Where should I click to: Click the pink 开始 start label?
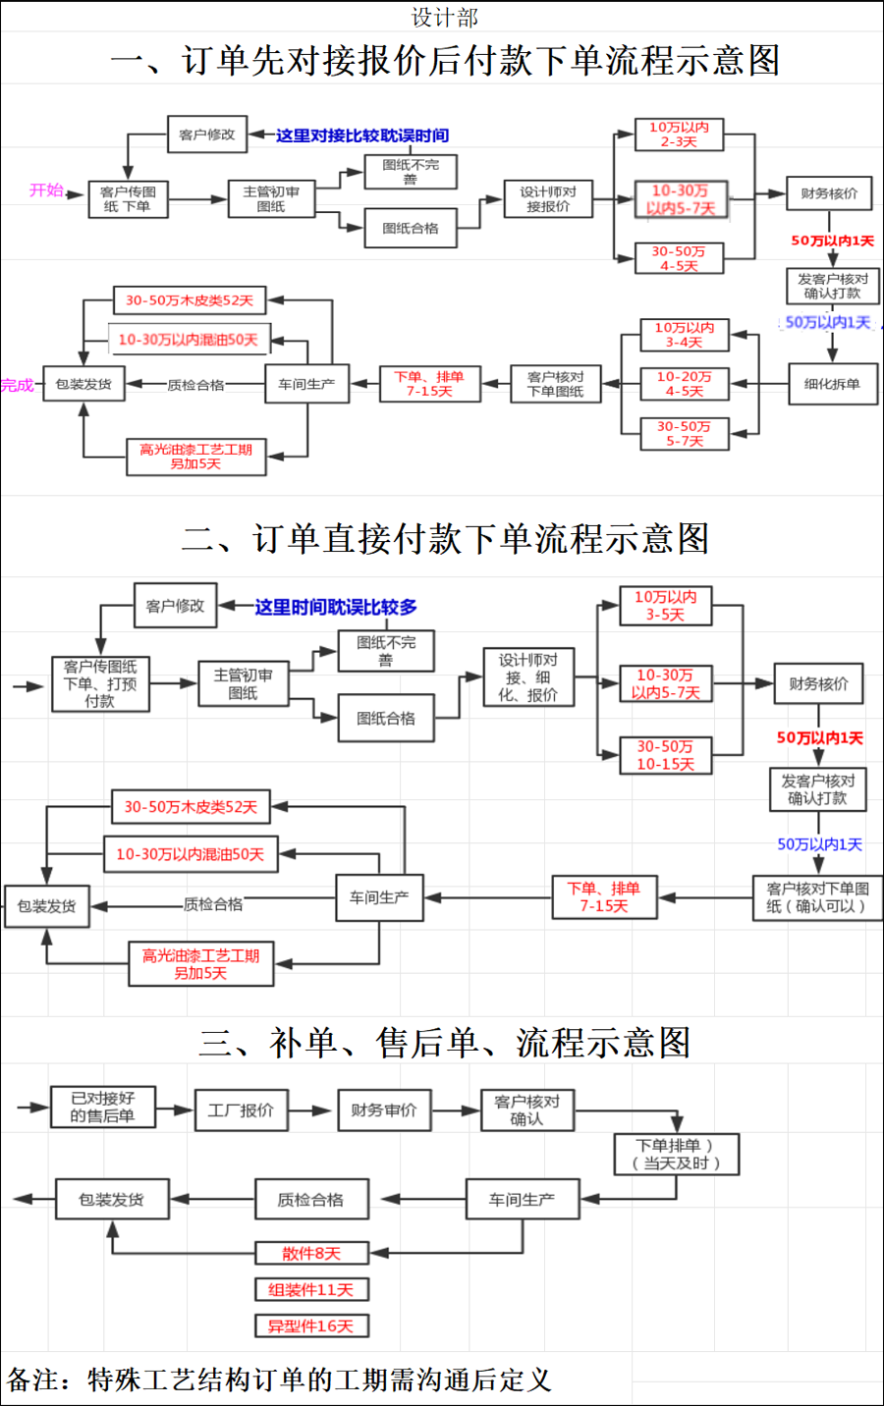[x=46, y=190]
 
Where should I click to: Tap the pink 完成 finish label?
[x=17, y=385]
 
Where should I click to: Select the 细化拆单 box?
[x=832, y=384]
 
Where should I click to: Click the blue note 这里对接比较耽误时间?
[x=361, y=135]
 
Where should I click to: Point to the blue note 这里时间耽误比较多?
[x=336, y=607]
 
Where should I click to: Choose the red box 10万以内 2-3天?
[x=679, y=135]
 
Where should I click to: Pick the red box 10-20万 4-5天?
[x=684, y=383]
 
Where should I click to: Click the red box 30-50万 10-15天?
[x=665, y=755]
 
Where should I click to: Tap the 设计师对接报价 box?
[x=548, y=198]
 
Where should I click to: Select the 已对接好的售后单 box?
[x=102, y=1107]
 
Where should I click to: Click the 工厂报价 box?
[x=241, y=1110]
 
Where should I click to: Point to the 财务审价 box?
[x=384, y=1110]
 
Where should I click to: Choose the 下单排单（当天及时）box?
[x=676, y=1154]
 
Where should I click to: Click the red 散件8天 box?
[x=311, y=1253]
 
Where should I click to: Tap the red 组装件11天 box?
[x=311, y=1289]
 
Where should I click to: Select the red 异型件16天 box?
[x=311, y=1326]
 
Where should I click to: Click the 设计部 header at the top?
[x=444, y=17]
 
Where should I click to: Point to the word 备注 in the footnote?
[x=32, y=1379]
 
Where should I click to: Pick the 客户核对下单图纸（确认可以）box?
[x=817, y=897]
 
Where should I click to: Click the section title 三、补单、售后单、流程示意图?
[x=444, y=1042]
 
